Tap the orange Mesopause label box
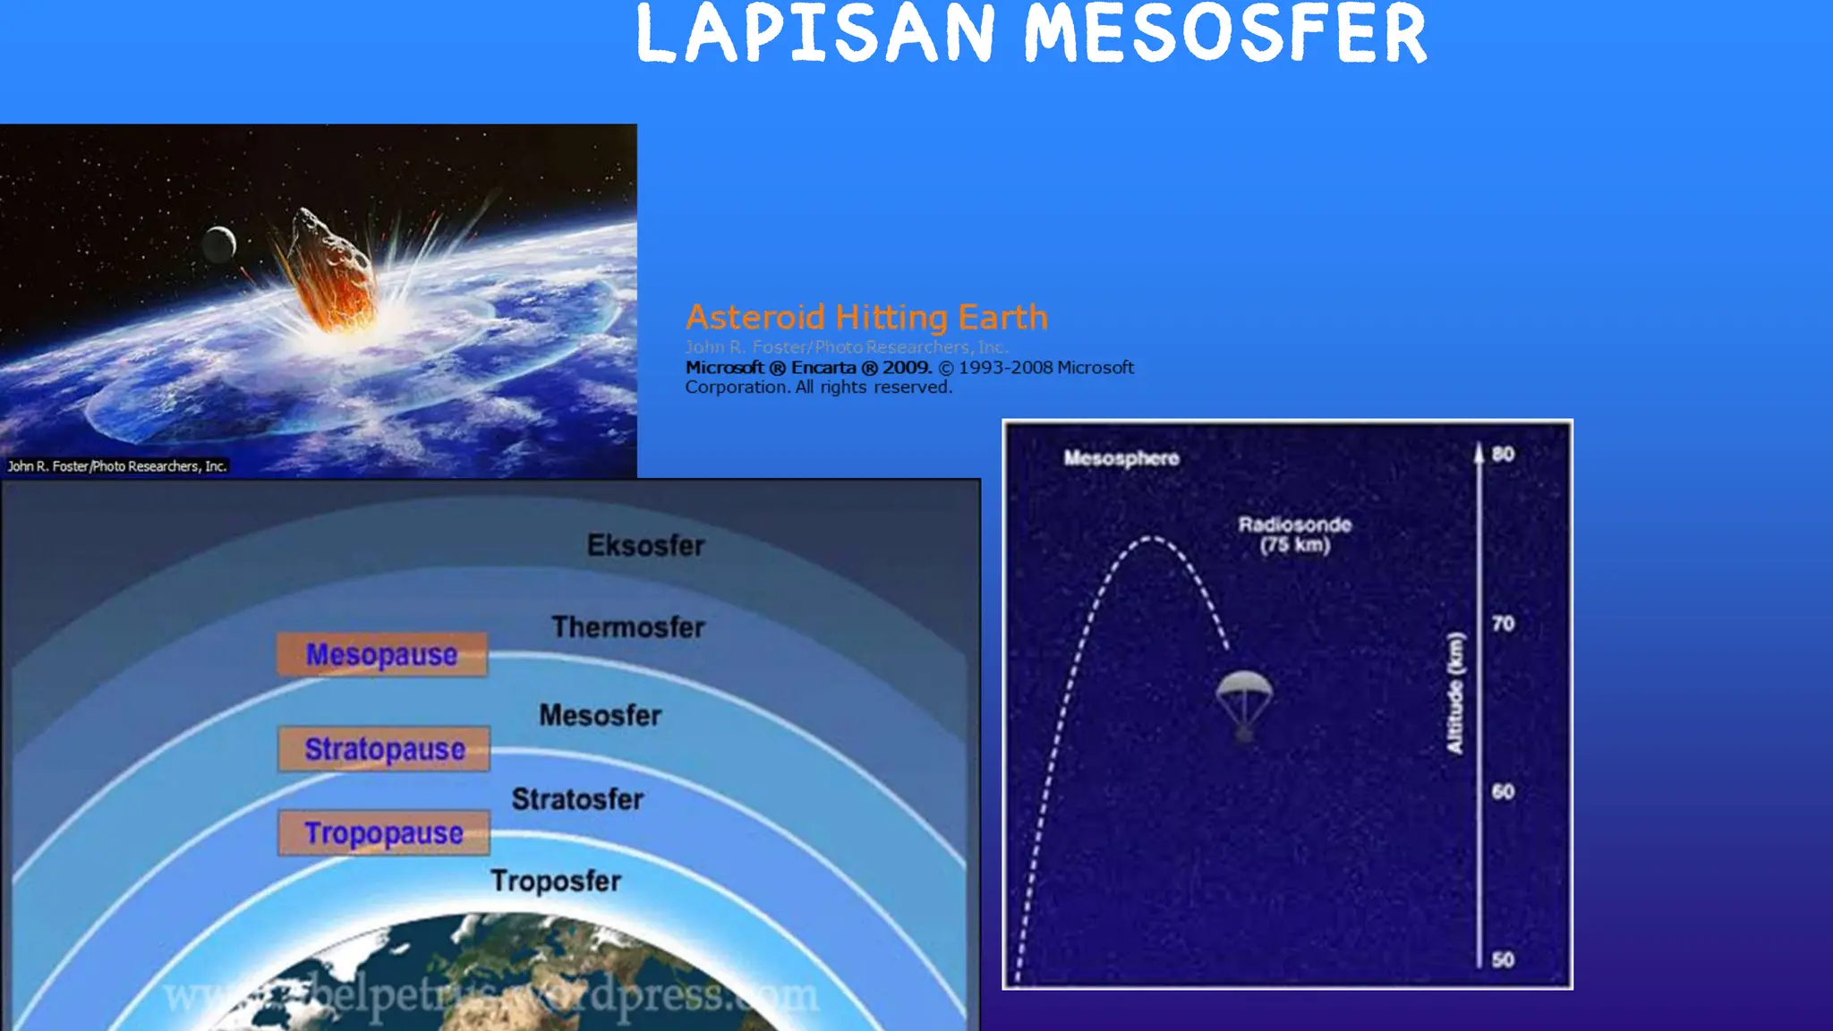[382, 654]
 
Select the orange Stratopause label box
[384, 748]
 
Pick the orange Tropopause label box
[384, 832]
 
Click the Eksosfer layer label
[645, 545]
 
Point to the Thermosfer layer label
[628, 626]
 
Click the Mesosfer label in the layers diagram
[600, 715]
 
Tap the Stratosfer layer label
[577, 798]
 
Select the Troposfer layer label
[556, 881]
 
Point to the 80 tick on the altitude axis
[1503, 454]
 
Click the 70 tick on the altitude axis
[1503, 623]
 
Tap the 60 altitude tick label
[1503, 791]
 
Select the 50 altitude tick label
[1503, 959]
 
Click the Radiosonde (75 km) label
[1294, 534]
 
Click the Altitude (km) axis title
[1455, 693]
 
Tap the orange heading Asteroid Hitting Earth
[866, 317]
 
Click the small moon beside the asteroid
[219, 243]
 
